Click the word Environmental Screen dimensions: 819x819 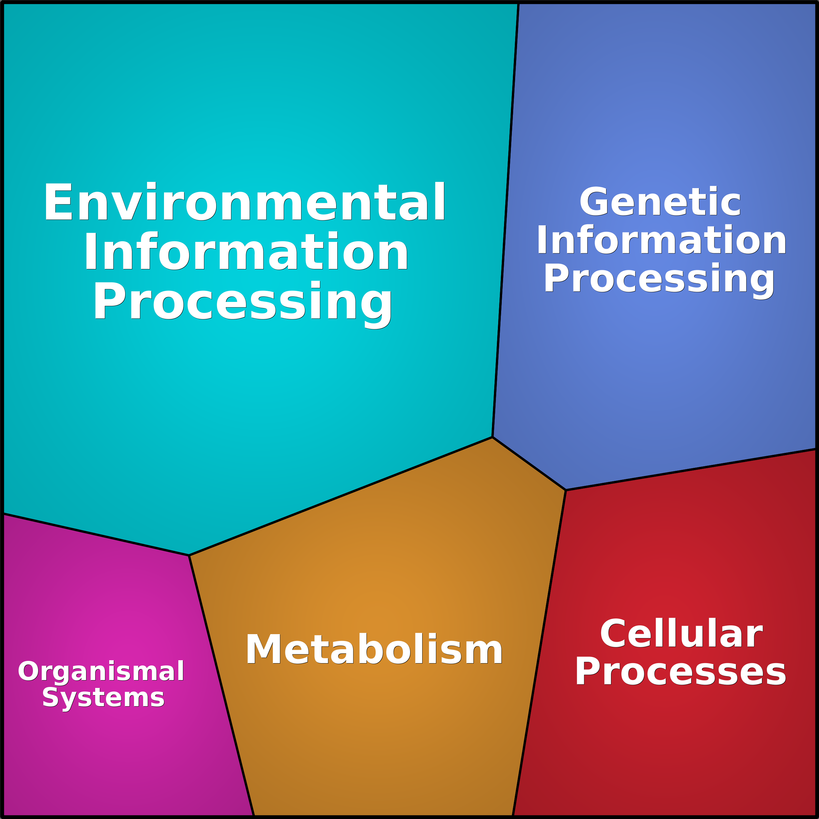(245, 202)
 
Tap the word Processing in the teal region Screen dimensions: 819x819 (243, 302)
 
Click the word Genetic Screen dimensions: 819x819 (660, 202)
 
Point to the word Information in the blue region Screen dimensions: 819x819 (661, 240)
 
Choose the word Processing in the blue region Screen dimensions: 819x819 (659, 278)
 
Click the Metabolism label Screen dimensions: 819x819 (374, 649)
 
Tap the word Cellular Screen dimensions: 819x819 (681, 634)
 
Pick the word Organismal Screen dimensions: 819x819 (101, 671)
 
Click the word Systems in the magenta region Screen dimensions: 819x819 (103, 697)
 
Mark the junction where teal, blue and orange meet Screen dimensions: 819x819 (492, 437)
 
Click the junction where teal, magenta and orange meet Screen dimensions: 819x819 (189, 555)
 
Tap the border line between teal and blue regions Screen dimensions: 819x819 (505, 220)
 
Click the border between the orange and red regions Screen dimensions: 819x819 (539, 653)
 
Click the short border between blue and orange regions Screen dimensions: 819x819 (529, 464)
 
